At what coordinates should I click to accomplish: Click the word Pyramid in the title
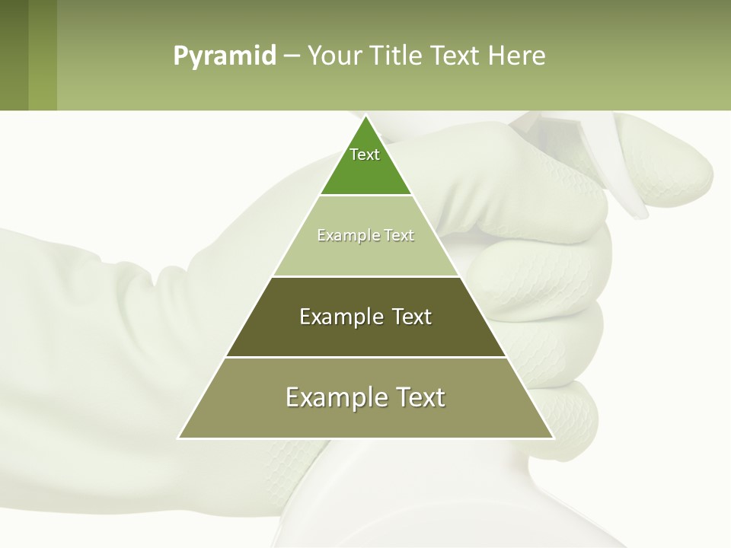point(225,56)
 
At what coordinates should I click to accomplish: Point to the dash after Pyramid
point(291,56)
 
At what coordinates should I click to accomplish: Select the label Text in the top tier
point(365,155)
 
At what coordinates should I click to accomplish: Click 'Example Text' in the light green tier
point(365,235)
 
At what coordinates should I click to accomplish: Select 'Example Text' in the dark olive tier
point(365,317)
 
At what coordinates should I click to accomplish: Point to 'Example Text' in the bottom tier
point(365,397)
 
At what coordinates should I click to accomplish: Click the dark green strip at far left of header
point(14,55)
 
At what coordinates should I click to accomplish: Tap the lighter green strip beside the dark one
point(43,55)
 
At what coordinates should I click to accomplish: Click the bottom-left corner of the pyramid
point(179,438)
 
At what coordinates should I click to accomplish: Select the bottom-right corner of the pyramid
point(553,438)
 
